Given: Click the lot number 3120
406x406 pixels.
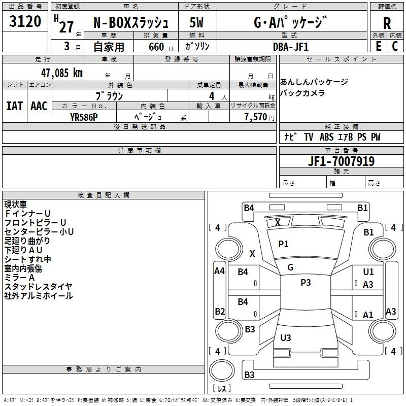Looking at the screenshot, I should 25,22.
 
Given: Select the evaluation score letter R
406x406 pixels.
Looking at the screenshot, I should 387,23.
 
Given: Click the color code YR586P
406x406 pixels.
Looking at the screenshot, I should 84,117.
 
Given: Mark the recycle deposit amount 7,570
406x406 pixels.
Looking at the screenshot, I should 256,117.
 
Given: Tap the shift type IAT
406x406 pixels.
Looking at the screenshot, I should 14,106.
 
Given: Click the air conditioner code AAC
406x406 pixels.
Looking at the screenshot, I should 39,106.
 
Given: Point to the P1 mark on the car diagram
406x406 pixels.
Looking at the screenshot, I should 283,244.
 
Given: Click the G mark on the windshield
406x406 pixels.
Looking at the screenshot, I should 290,267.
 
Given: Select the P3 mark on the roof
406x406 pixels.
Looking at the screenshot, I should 306,283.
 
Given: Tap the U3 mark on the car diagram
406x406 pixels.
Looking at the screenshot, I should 286,337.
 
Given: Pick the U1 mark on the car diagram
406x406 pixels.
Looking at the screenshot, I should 368,273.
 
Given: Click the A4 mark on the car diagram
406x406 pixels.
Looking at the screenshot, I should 219,271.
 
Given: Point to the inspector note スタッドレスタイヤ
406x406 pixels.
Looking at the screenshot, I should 39,287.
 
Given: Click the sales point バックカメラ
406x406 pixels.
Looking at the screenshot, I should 302,93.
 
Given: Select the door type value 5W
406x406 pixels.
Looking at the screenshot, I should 197,23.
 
